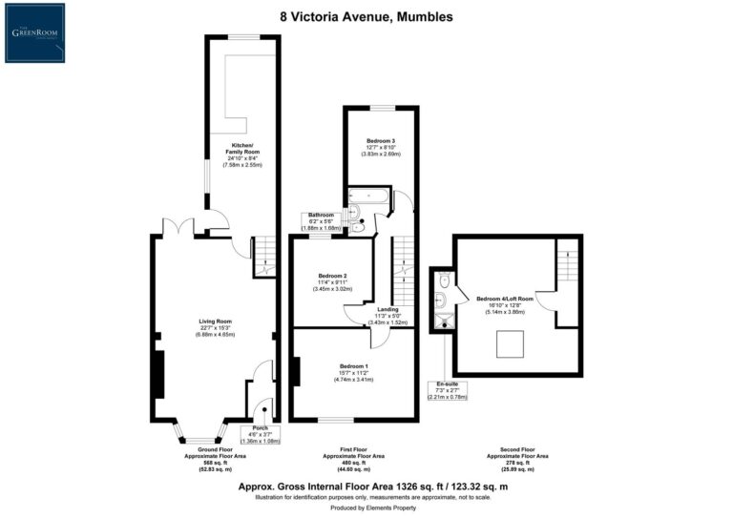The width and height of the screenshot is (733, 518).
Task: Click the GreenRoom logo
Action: [35, 32]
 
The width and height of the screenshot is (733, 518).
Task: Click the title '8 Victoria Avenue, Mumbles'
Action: [366, 16]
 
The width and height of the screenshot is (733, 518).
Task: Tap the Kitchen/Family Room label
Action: [240, 154]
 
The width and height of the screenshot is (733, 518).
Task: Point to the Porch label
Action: [261, 434]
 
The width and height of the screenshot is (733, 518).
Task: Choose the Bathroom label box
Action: [322, 221]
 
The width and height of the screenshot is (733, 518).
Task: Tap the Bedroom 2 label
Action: [331, 281]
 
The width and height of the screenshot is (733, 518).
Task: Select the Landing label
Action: [387, 316]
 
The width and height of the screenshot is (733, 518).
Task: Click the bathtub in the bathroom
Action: [367, 197]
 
